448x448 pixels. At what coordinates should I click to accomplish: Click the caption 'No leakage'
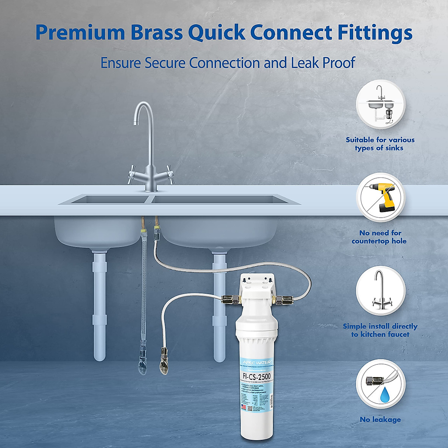[x=380, y=420]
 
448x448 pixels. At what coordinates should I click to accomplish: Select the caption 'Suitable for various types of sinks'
[x=380, y=144]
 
